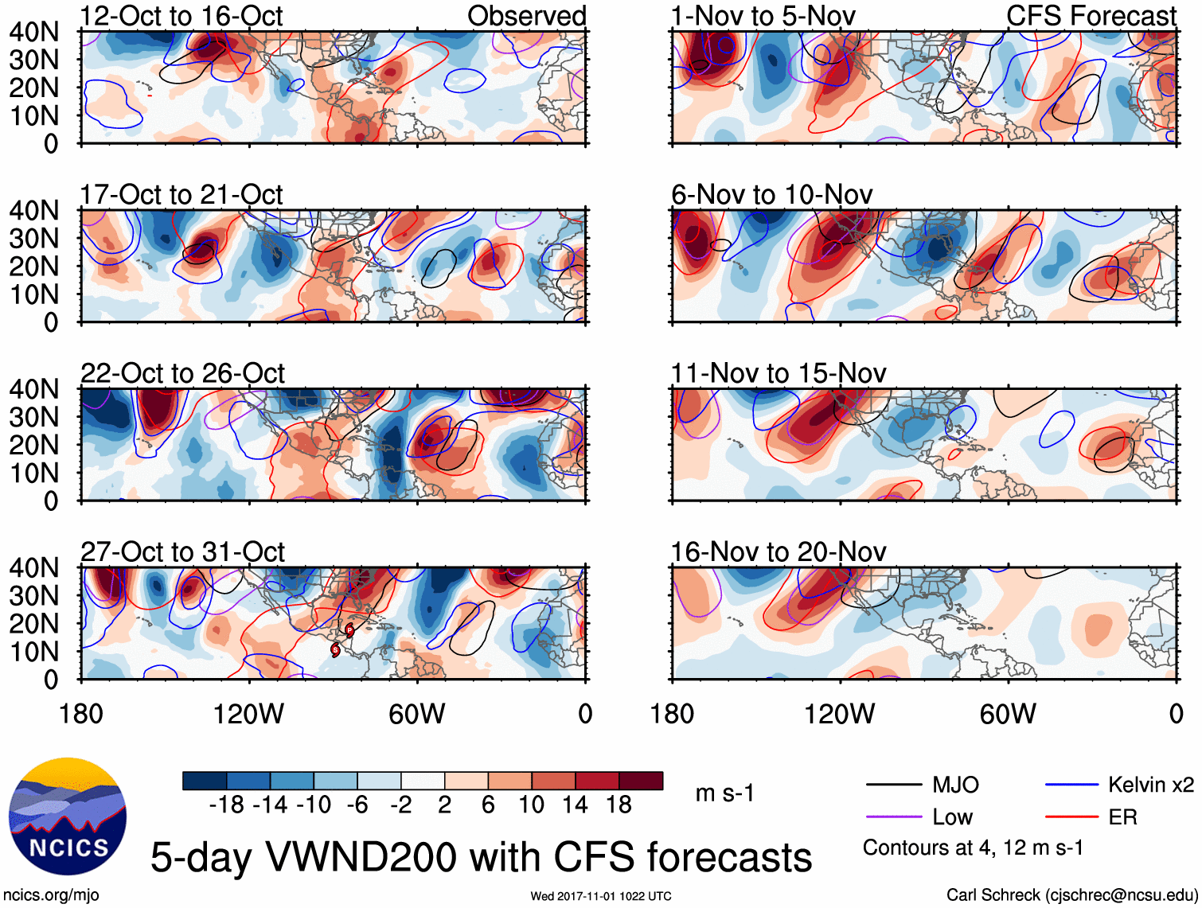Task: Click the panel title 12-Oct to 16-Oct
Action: point(181,16)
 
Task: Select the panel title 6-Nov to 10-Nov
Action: point(771,195)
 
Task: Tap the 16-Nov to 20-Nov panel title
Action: point(778,552)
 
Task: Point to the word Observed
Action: point(526,16)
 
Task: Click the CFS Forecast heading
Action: point(1091,16)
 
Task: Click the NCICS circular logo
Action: point(68,816)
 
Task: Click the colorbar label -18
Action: point(227,805)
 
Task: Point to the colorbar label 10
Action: point(532,805)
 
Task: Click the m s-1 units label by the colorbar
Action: point(724,793)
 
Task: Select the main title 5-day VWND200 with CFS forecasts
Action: point(481,858)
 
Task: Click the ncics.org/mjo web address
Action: point(51,895)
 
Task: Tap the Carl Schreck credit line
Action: point(1071,895)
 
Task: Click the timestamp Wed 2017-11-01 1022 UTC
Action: point(601,896)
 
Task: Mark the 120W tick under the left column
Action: point(248,714)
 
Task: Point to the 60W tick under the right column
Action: point(1008,714)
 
